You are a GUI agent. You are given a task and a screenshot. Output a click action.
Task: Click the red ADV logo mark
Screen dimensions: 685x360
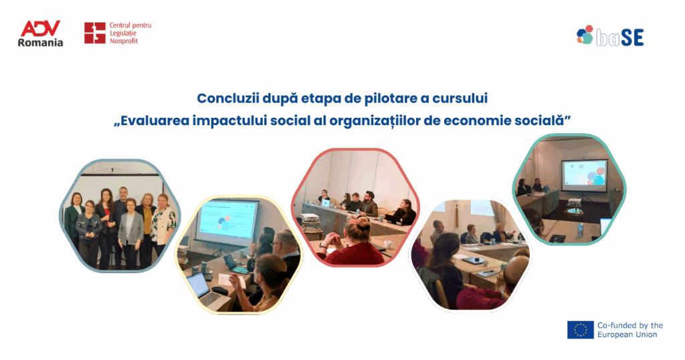(40, 28)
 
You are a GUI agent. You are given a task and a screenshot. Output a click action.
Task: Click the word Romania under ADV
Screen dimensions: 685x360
(40, 43)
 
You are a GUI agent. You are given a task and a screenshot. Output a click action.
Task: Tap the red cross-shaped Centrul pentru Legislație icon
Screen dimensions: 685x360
(95, 33)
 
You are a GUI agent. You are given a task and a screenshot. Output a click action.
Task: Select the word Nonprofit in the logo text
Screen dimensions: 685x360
(124, 41)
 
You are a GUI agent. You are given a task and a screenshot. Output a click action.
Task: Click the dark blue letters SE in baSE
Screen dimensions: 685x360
(632, 38)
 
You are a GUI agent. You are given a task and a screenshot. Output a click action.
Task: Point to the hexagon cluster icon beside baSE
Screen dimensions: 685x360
(585, 35)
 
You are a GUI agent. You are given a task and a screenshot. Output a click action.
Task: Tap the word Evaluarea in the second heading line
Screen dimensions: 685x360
(155, 120)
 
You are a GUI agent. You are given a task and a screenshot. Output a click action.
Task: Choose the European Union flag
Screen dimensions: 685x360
(580, 330)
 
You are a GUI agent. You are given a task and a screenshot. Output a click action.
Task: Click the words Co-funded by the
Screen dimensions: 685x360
(630, 325)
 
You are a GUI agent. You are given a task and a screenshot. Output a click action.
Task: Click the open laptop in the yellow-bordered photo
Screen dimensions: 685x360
(202, 289)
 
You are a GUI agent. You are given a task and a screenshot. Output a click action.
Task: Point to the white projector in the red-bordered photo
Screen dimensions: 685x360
(309, 217)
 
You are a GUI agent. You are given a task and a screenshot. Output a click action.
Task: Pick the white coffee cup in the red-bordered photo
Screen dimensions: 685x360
(387, 244)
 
